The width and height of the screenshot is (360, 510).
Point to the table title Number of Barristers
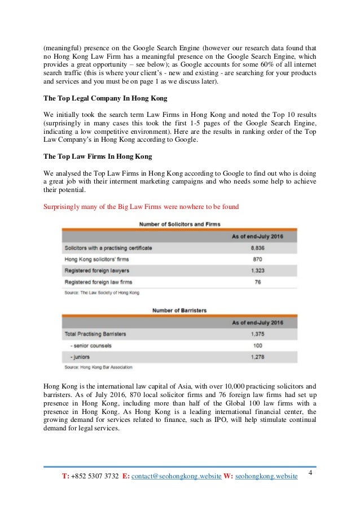179,310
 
